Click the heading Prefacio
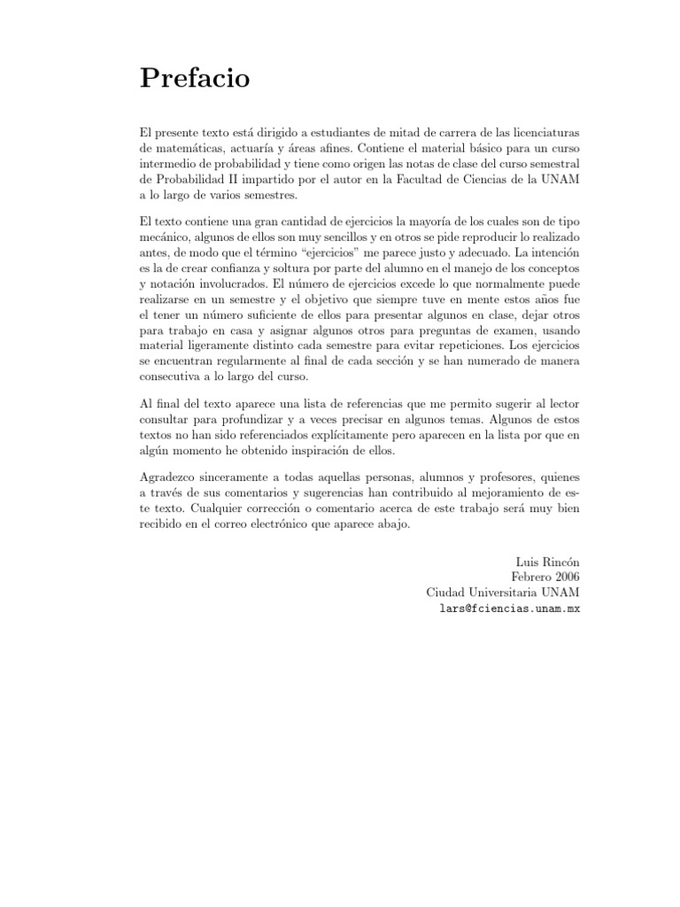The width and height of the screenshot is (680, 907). coord(196,80)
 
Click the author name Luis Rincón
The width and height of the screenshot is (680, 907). coord(547,562)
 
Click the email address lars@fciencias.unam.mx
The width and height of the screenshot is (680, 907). coord(510,609)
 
